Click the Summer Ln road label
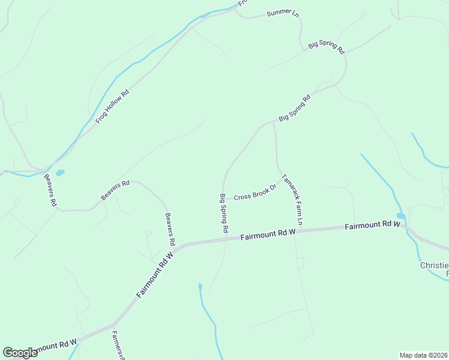point(282,13)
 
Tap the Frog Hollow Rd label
point(112,107)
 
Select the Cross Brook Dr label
point(255,193)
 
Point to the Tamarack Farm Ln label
point(293,200)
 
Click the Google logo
point(20,352)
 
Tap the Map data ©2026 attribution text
point(423,355)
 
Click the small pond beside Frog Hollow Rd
point(60,173)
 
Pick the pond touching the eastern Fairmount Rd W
point(401,216)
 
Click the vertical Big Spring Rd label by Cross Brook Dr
point(224,213)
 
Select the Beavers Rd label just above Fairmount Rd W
point(170,229)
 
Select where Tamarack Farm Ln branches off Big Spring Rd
point(274,122)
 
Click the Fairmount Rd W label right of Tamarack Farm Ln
point(372,225)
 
